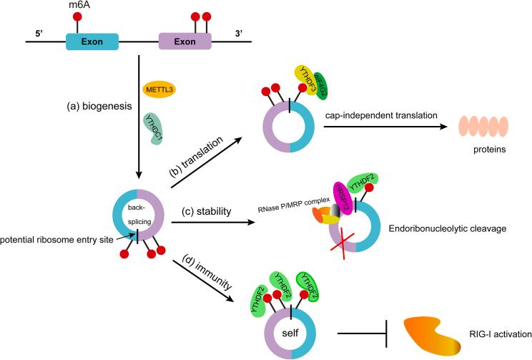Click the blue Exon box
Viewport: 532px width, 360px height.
point(93,42)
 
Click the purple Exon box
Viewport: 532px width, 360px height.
point(184,42)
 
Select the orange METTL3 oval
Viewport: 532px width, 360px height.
point(159,90)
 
